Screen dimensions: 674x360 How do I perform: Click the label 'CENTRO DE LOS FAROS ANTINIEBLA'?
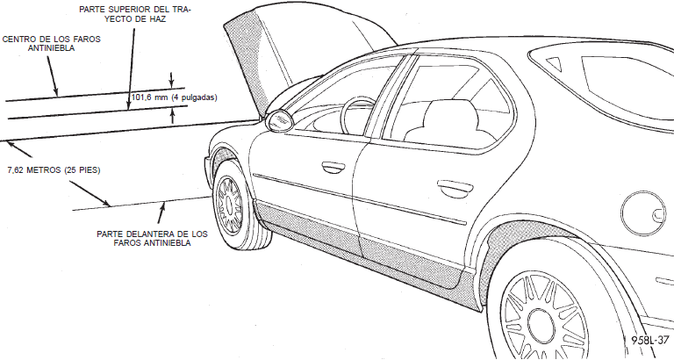(x=51, y=43)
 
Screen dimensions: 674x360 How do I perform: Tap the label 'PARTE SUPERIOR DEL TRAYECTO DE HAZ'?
(x=135, y=14)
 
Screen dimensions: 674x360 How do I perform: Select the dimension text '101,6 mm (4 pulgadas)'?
(x=174, y=97)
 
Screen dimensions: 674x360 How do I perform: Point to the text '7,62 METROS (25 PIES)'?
(x=54, y=170)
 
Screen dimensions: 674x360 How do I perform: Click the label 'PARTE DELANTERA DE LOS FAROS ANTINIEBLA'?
(x=152, y=239)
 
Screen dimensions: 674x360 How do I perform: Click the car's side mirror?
(x=279, y=120)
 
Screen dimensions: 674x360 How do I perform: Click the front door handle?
(x=333, y=168)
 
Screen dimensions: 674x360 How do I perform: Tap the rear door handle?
(x=455, y=189)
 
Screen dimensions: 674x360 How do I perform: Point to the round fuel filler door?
(x=643, y=213)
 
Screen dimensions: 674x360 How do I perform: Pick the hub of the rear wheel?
(x=541, y=328)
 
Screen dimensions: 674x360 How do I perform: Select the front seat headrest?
(x=450, y=113)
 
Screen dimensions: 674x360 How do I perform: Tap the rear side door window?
(x=451, y=104)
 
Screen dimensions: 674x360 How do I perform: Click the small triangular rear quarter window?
(x=555, y=63)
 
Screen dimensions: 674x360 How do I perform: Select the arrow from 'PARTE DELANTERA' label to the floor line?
(x=161, y=212)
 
